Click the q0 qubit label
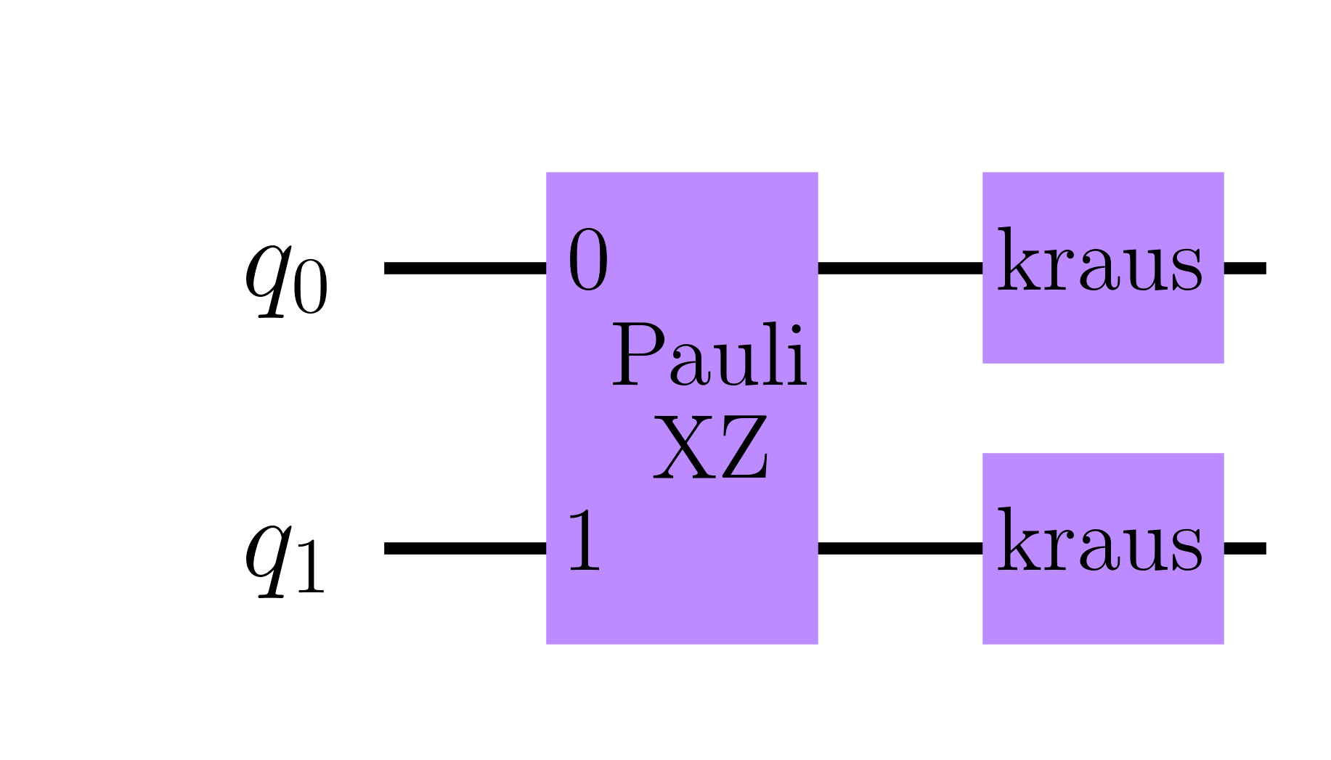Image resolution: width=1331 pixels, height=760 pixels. click(286, 280)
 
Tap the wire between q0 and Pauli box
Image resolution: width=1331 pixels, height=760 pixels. click(465, 268)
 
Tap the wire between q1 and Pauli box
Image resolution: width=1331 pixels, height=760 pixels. click(465, 548)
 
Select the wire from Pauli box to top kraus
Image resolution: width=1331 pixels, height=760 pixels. click(900, 268)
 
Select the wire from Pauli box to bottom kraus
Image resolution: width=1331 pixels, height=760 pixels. click(900, 548)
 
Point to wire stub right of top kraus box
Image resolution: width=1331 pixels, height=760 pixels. click(1245, 268)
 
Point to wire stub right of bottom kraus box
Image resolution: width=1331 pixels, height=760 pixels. click(1245, 548)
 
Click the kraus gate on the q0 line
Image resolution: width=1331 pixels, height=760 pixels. click(1102, 267)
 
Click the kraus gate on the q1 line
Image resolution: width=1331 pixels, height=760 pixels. click(1102, 548)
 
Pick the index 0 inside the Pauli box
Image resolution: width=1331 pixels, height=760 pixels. click(587, 261)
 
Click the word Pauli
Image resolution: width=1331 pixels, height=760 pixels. click(709, 356)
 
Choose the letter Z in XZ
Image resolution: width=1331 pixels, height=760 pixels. click(741, 448)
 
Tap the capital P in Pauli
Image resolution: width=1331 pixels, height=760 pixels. click(637, 356)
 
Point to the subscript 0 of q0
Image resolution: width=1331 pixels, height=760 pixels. click(311, 290)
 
